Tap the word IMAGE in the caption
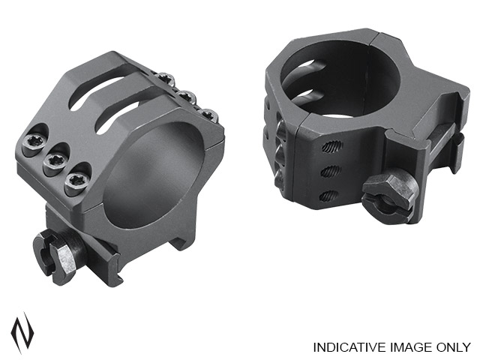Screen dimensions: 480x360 tap(408, 347)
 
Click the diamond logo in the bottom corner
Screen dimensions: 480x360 tap(22, 334)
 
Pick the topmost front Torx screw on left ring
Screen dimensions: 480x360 tap(33, 144)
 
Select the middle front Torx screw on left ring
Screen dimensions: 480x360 tap(55, 160)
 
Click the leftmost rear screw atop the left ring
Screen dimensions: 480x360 tap(165, 78)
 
